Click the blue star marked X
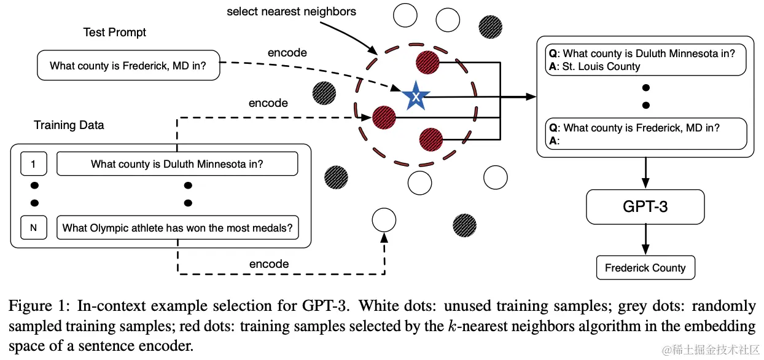pyautogui.click(x=416, y=96)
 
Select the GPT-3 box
pyautogui.click(x=645, y=206)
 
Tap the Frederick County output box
pyautogui.click(x=645, y=268)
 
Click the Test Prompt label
pyautogui.click(x=115, y=32)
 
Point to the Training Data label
pyautogui.click(x=69, y=125)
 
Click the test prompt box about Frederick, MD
pyautogui.click(x=129, y=65)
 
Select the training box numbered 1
pyautogui.click(x=34, y=164)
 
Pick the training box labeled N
pyautogui.click(x=34, y=228)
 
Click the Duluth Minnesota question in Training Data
pyautogui.click(x=177, y=164)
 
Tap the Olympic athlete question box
pyautogui.click(x=177, y=228)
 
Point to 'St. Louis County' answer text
pyautogui.click(x=602, y=66)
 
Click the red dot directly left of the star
pyautogui.click(x=384, y=117)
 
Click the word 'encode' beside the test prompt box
pyautogui.click(x=287, y=53)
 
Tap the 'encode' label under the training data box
pyautogui.click(x=268, y=264)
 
